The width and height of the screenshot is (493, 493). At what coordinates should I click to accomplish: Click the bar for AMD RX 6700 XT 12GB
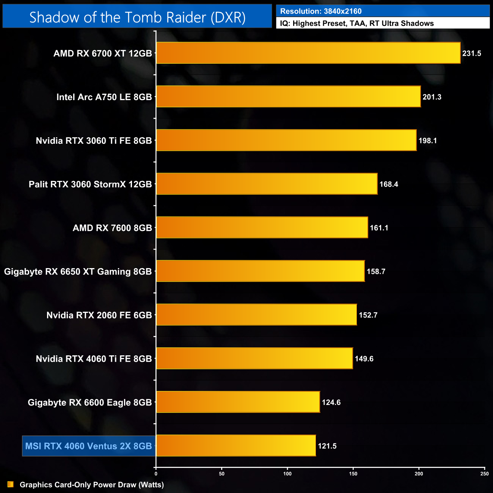tap(308, 53)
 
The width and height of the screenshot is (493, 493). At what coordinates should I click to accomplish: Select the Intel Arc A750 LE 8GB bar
tap(288, 97)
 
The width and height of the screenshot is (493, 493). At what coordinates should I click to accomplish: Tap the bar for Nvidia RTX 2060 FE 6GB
tap(256, 315)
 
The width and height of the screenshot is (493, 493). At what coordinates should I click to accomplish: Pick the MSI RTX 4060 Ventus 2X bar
tap(236, 446)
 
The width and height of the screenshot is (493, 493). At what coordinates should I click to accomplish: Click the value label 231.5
tap(471, 53)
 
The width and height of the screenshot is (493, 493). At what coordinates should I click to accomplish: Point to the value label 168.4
tap(389, 184)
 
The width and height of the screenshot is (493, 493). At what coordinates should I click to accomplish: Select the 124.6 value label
tap(331, 402)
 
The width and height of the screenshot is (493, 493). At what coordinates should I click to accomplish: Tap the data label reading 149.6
tap(364, 359)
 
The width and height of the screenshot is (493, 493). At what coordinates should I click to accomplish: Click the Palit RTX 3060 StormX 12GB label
tap(90, 184)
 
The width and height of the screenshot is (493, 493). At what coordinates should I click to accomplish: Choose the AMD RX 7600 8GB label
tap(112, 228)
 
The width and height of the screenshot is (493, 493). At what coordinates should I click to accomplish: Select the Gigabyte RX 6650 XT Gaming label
tap(78, 272)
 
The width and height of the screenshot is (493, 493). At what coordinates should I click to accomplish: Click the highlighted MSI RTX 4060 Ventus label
tap(88, 446)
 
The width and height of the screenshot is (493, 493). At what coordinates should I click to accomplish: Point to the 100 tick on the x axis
tap(287, 474)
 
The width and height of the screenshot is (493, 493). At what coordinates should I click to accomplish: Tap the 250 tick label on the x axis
tap(484, 474)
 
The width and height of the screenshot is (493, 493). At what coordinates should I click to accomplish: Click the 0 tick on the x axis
tap(156, 474)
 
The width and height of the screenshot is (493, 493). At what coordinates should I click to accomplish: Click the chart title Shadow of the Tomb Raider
tap(137, 17)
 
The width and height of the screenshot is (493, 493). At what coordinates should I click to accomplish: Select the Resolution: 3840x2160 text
tap(321, 11)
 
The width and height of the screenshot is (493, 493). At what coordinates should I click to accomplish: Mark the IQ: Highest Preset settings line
tap(357, 24)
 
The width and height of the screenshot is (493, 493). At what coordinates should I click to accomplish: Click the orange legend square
tap(11, 485)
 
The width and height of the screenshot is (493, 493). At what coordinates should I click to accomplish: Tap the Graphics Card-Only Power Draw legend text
tap(92, 485)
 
